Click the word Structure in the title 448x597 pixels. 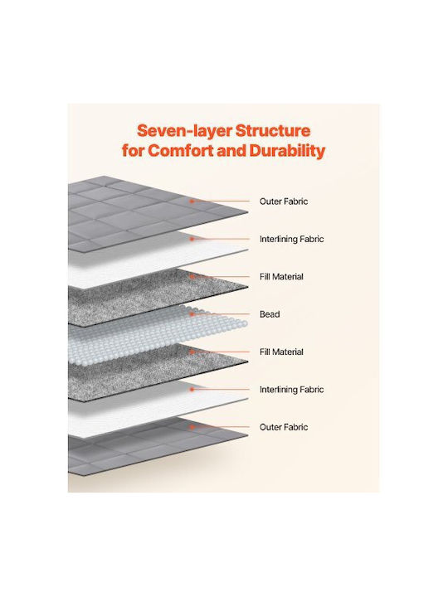point(273,131)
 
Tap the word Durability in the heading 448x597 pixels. point(288,151)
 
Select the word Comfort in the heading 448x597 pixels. point(181,151)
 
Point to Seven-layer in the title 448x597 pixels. point(184,131)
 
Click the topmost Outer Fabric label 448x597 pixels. point(284,201)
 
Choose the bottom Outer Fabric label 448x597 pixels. point(284,427)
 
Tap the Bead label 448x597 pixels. point(270,314)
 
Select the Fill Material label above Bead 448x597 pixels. point(281,277)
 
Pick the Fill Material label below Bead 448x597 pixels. point(281,352)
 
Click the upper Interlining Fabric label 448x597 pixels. point(292,239)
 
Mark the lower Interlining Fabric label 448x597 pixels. point(292,390)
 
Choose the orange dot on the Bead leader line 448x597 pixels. point(192,314)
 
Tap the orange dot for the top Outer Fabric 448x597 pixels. point(192,201)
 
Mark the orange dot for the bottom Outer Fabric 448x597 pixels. point(192,427)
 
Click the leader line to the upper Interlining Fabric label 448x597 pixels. point(221,239)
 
